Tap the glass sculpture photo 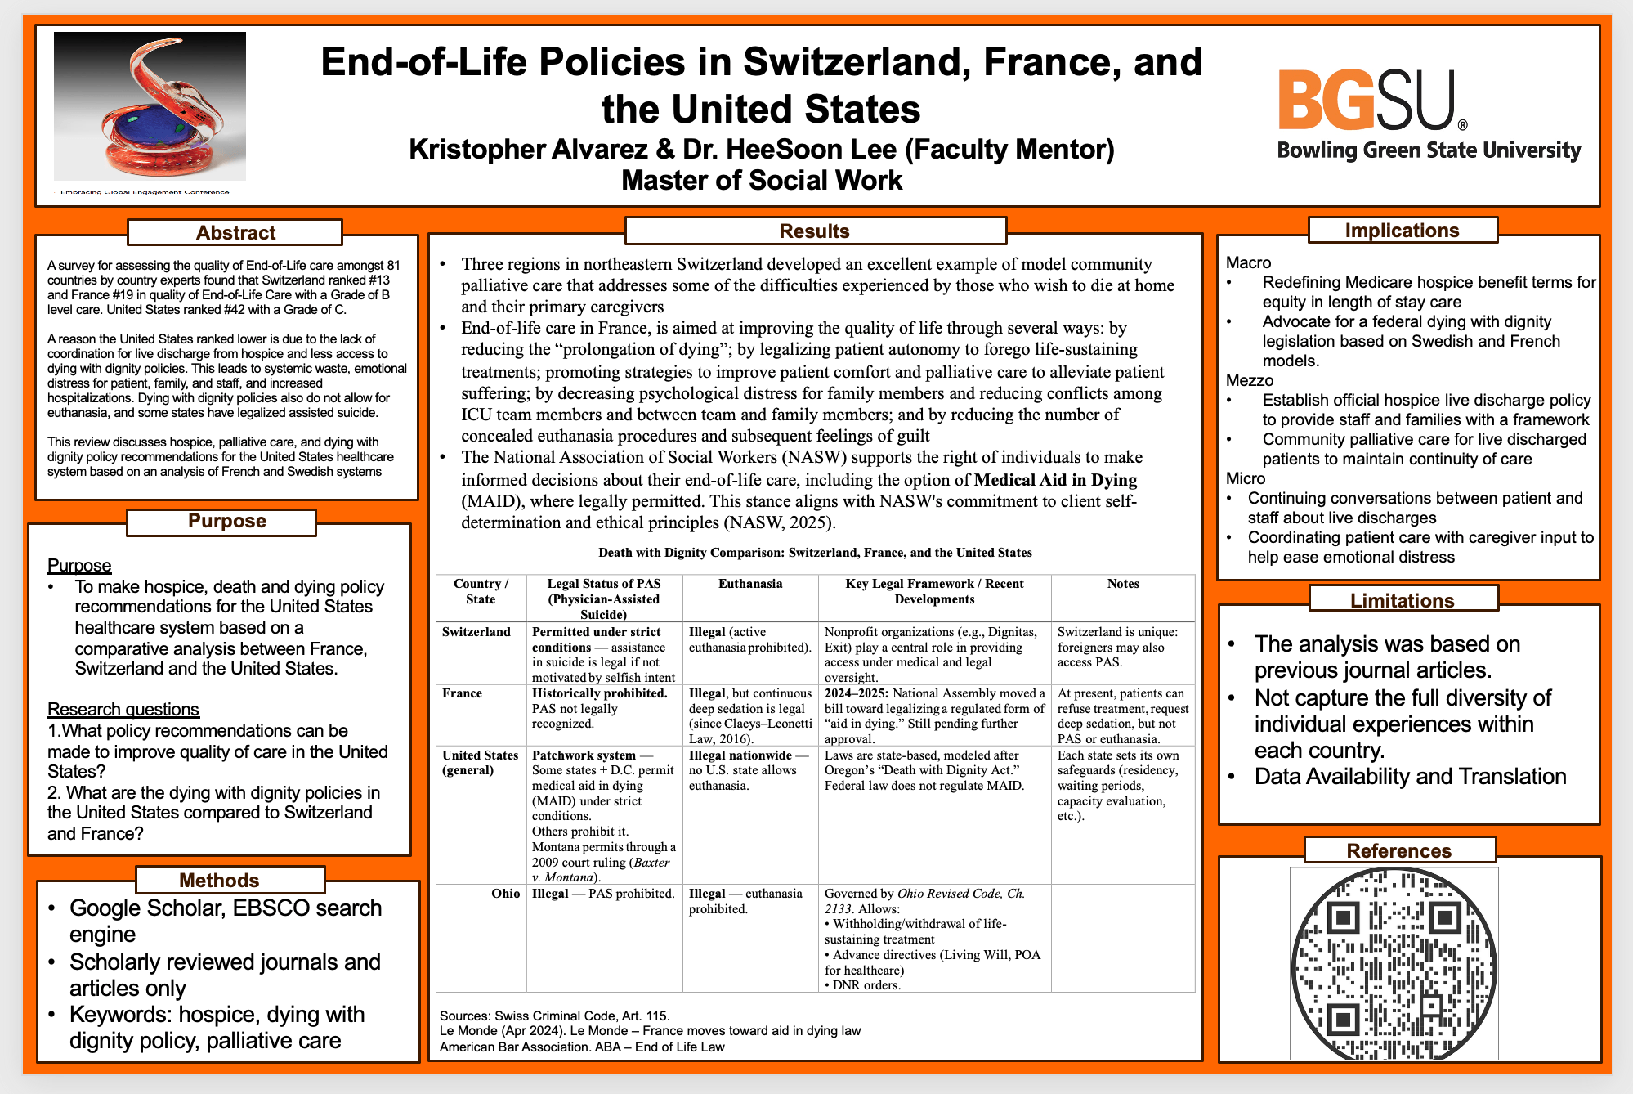pos(150,105)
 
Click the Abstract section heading pos(235,233)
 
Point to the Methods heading pos(219,881)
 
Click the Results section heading pos(814,231)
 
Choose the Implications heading pos(1402,231)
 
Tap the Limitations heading pos(1402,601)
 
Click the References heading pos(1398,851)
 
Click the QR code pos(1394,965)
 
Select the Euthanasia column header pos(750,584)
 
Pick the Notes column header pos(1123,584)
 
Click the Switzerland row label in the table pos(476,632)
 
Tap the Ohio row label pos(506,894)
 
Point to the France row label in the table pos(463,693)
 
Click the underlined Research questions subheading pos(123,710)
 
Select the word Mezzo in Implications pos(1250,380)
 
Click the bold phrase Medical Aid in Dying pos(1055,480)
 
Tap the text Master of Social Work pos(762,180)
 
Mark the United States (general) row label pos(481,763)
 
